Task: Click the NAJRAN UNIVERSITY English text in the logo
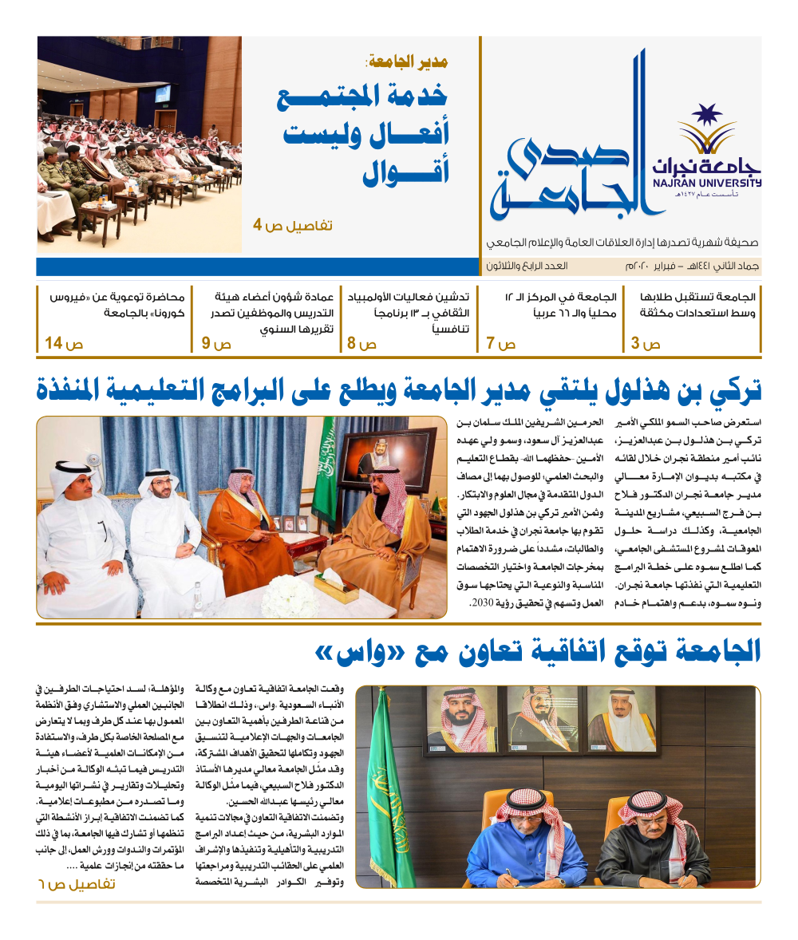pyautogui.click(x=721, y=183)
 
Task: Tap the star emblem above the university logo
pyautogui.click(x=706, y=117)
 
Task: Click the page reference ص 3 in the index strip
pyautogui.click(x=646, y=345)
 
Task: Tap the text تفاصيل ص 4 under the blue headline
pyautogui.click(x=293, y=227)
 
